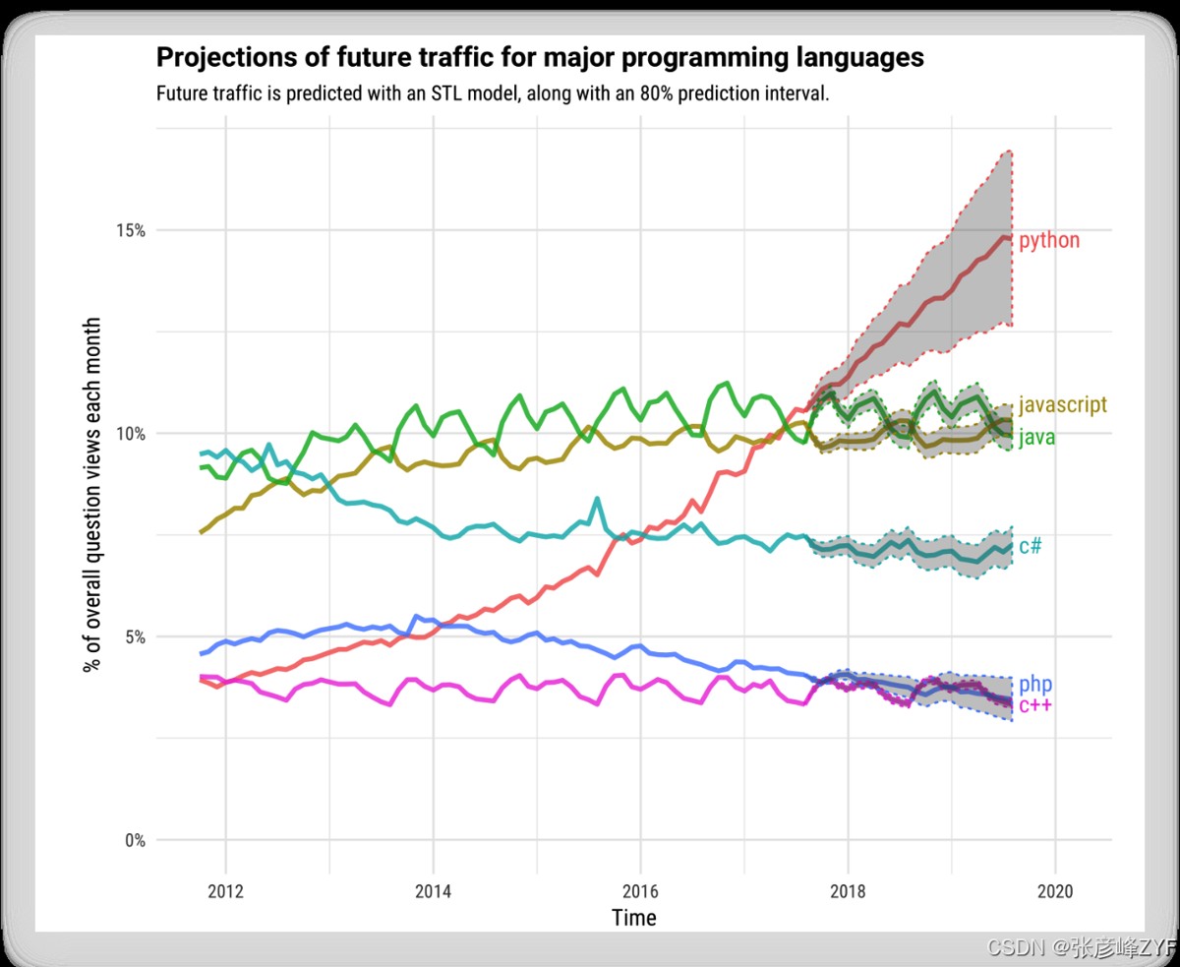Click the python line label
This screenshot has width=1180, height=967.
pyautogui.click(x=1048, y=241)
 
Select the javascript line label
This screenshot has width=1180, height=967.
pyautogui.click(x=1062, y=404)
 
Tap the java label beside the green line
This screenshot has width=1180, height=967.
pyautogui.click(x=1036, y=438)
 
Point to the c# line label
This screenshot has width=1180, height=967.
pyautogui.click(x=1030, y=546)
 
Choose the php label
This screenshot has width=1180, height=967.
pyautogui.click(x=1035, y=684)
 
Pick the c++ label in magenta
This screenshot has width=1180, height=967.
pyautogui.click(x=1035, y=705)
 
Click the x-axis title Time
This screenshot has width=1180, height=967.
pyautogui.click(x=633, y=918)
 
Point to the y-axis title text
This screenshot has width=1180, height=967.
pyautogui.click(x=92, y=494)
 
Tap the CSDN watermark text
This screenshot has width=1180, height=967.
pyautogui.click(x=1015, y=948)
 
